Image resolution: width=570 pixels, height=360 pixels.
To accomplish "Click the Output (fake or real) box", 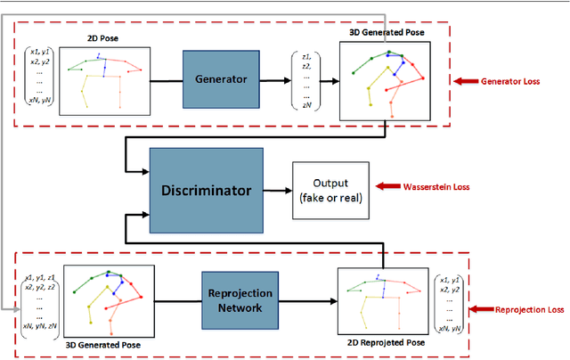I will coord(330,190).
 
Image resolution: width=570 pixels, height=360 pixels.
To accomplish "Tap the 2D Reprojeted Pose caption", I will coord(381,343).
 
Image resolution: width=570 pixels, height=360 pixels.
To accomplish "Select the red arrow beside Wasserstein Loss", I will coord(389,187).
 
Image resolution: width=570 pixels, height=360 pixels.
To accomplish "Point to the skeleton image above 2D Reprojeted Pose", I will coord(381,299).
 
